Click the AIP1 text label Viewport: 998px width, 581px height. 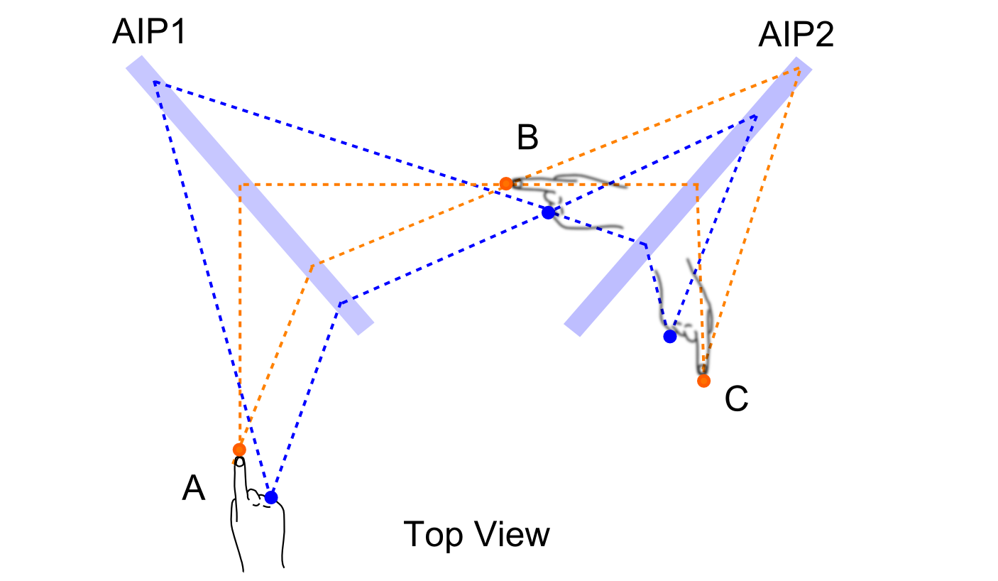(x=148, y=33)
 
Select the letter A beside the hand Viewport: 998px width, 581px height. (x=194, y=489)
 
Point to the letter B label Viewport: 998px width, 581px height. (x=527, y=138)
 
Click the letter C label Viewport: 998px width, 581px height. (x=736, y=401)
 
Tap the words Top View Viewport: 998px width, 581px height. (x=476, y=534)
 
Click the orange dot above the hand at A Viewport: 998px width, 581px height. (x=239, y=450)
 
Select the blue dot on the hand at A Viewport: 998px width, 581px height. (x=270, y=497)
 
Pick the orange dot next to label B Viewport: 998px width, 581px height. (x=505, y=183)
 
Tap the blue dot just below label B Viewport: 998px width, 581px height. (x=547, y=212)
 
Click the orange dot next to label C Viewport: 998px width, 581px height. (x=703, y=381)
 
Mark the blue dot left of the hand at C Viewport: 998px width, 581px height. (x=669, y=337)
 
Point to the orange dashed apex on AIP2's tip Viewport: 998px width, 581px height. (x=800, y=69)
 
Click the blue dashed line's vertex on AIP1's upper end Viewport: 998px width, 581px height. (x=155, y=82)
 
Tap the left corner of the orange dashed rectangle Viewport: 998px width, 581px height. (x=241, y=185)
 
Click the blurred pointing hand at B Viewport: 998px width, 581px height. (x=568, y=199)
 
